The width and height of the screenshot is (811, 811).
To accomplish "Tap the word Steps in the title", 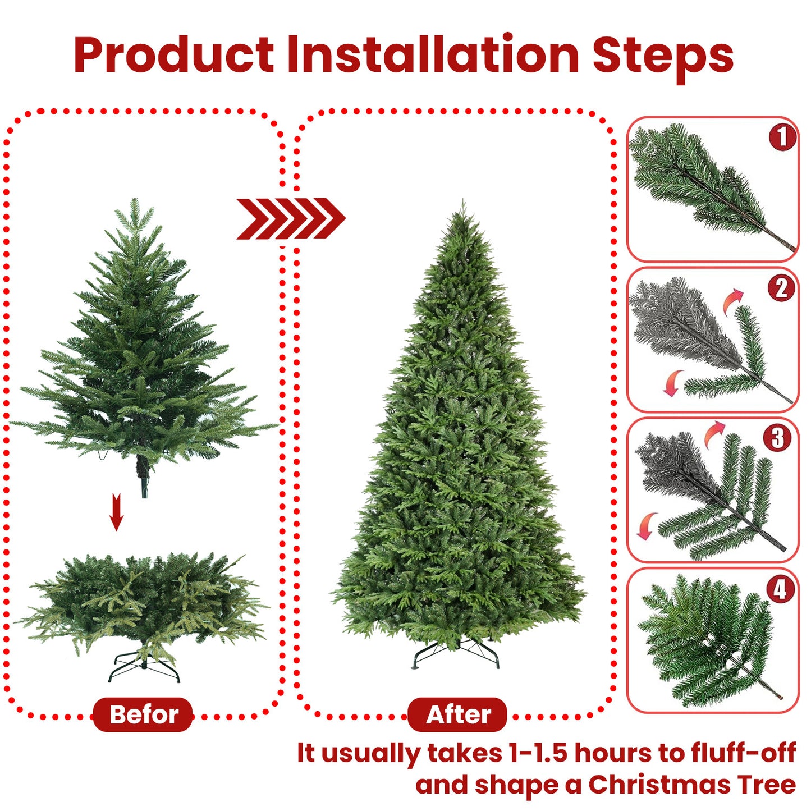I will tap(663, 56).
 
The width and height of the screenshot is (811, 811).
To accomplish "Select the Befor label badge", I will tap(143, 714).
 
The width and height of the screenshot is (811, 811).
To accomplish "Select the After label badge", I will tap(457, 714).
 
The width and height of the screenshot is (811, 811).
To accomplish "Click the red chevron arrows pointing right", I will tap(290, 218).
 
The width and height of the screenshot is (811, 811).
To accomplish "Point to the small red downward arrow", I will tap(116, 511).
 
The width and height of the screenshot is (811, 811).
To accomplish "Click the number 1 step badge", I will tap(782, 137).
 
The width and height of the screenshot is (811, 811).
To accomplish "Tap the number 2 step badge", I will tap(781, 288).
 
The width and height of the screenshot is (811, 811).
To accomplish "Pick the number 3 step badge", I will tap(777, 438).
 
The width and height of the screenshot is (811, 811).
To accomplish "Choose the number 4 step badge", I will tap(780, 589).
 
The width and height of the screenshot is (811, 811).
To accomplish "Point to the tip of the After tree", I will tap(462, 203).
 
